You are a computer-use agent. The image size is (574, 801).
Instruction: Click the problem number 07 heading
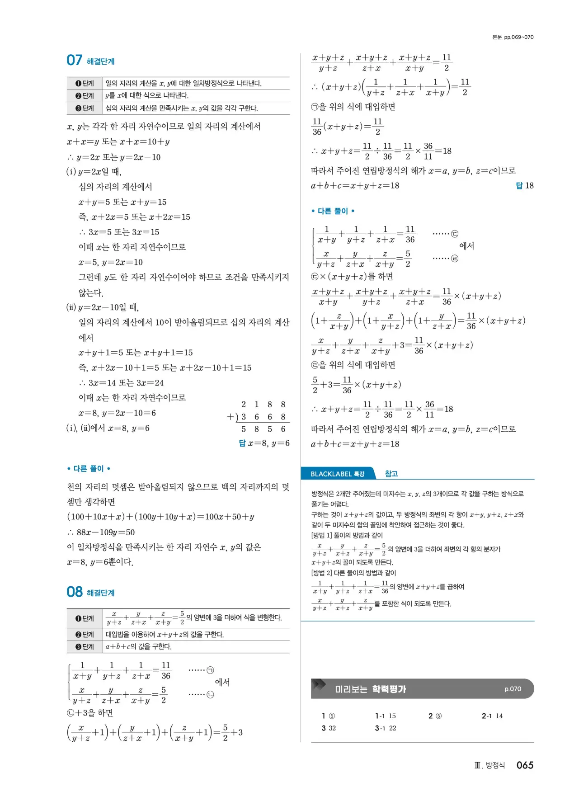(75, 61)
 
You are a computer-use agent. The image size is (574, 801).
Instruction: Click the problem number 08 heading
(75, 592)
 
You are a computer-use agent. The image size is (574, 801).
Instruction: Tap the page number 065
(525, 765)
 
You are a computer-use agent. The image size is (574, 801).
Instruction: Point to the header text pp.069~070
(518, 37)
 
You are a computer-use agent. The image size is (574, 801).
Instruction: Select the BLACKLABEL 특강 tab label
(337, 474)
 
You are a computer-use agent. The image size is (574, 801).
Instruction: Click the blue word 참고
(391, 474)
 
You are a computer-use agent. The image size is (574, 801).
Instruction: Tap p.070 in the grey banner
(513, 689)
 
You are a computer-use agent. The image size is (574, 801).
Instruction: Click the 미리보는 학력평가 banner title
(370, 689)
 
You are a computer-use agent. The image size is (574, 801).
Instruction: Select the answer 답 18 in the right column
(525, 185)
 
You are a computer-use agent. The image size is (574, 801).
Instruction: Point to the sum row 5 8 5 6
(263, 429)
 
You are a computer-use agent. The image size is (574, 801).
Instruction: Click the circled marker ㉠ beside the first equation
(210, 670)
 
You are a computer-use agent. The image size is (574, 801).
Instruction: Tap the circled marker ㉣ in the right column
(455, 259)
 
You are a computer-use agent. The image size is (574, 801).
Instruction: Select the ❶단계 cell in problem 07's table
(85, 83)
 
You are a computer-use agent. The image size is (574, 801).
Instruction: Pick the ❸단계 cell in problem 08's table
(85, 647)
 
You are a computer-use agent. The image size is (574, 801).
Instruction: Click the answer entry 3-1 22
(386, 728)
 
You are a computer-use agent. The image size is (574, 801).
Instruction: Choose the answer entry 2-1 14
(492, 716)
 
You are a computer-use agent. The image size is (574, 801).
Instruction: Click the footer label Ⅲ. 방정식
(489, 765)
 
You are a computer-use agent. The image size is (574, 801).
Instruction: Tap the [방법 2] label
(322, 573)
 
